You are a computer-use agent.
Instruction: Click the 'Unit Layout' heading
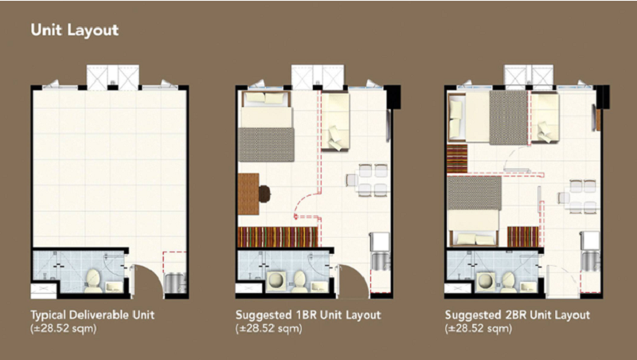point(75,30)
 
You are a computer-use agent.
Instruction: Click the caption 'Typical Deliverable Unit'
point(92,315)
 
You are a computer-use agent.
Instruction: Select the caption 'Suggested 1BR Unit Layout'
point(308,315)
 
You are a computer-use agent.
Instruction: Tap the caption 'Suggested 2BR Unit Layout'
point(517,315)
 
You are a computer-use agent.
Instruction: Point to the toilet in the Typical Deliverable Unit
point(93,280)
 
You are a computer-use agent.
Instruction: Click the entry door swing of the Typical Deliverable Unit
point(148,280)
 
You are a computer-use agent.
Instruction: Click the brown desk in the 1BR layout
point(248,194)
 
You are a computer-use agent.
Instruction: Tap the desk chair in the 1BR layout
point(264,194)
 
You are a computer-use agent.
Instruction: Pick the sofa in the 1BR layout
point(335,122)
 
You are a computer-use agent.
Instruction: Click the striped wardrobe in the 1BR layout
point(277,237)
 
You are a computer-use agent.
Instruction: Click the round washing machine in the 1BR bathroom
point(277,281)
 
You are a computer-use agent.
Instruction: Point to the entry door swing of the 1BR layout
point(354,280)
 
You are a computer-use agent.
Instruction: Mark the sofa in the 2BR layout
point(545,117)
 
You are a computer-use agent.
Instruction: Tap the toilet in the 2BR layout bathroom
point(508,281)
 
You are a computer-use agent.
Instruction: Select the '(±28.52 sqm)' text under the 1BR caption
point(268,328)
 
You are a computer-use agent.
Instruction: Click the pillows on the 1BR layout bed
point(266,98)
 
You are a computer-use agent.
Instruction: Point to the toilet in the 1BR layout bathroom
point(300,280)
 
